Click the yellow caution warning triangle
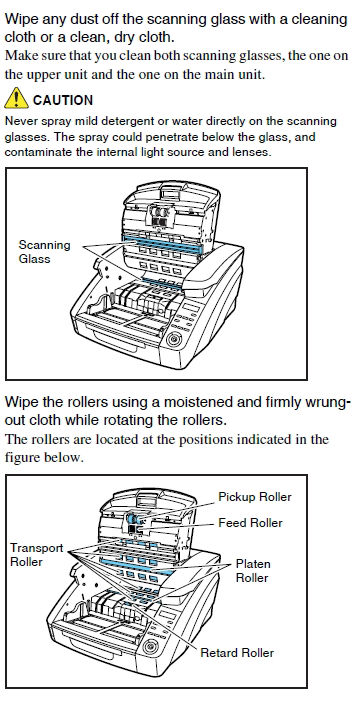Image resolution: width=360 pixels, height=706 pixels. coord(16,98)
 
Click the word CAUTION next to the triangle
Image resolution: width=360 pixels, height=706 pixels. coord(63,100)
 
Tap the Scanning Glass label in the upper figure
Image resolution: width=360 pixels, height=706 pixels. coord(45,252)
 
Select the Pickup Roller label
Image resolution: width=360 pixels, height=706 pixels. coord(255,497)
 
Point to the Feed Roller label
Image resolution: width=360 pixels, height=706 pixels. coord(250,523)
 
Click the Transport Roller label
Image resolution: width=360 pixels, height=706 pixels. coord(36,555)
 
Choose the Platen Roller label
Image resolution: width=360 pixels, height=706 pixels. coord(253,570)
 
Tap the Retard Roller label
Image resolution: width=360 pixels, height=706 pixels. coord(237,652)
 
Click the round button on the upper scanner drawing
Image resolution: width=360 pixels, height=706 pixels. coord(174,339)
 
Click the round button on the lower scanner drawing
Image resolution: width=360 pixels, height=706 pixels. coord(150,647)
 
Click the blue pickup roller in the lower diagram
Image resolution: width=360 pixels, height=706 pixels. coord(133,518)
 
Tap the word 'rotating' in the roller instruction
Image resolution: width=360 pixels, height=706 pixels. coord(129,421)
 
